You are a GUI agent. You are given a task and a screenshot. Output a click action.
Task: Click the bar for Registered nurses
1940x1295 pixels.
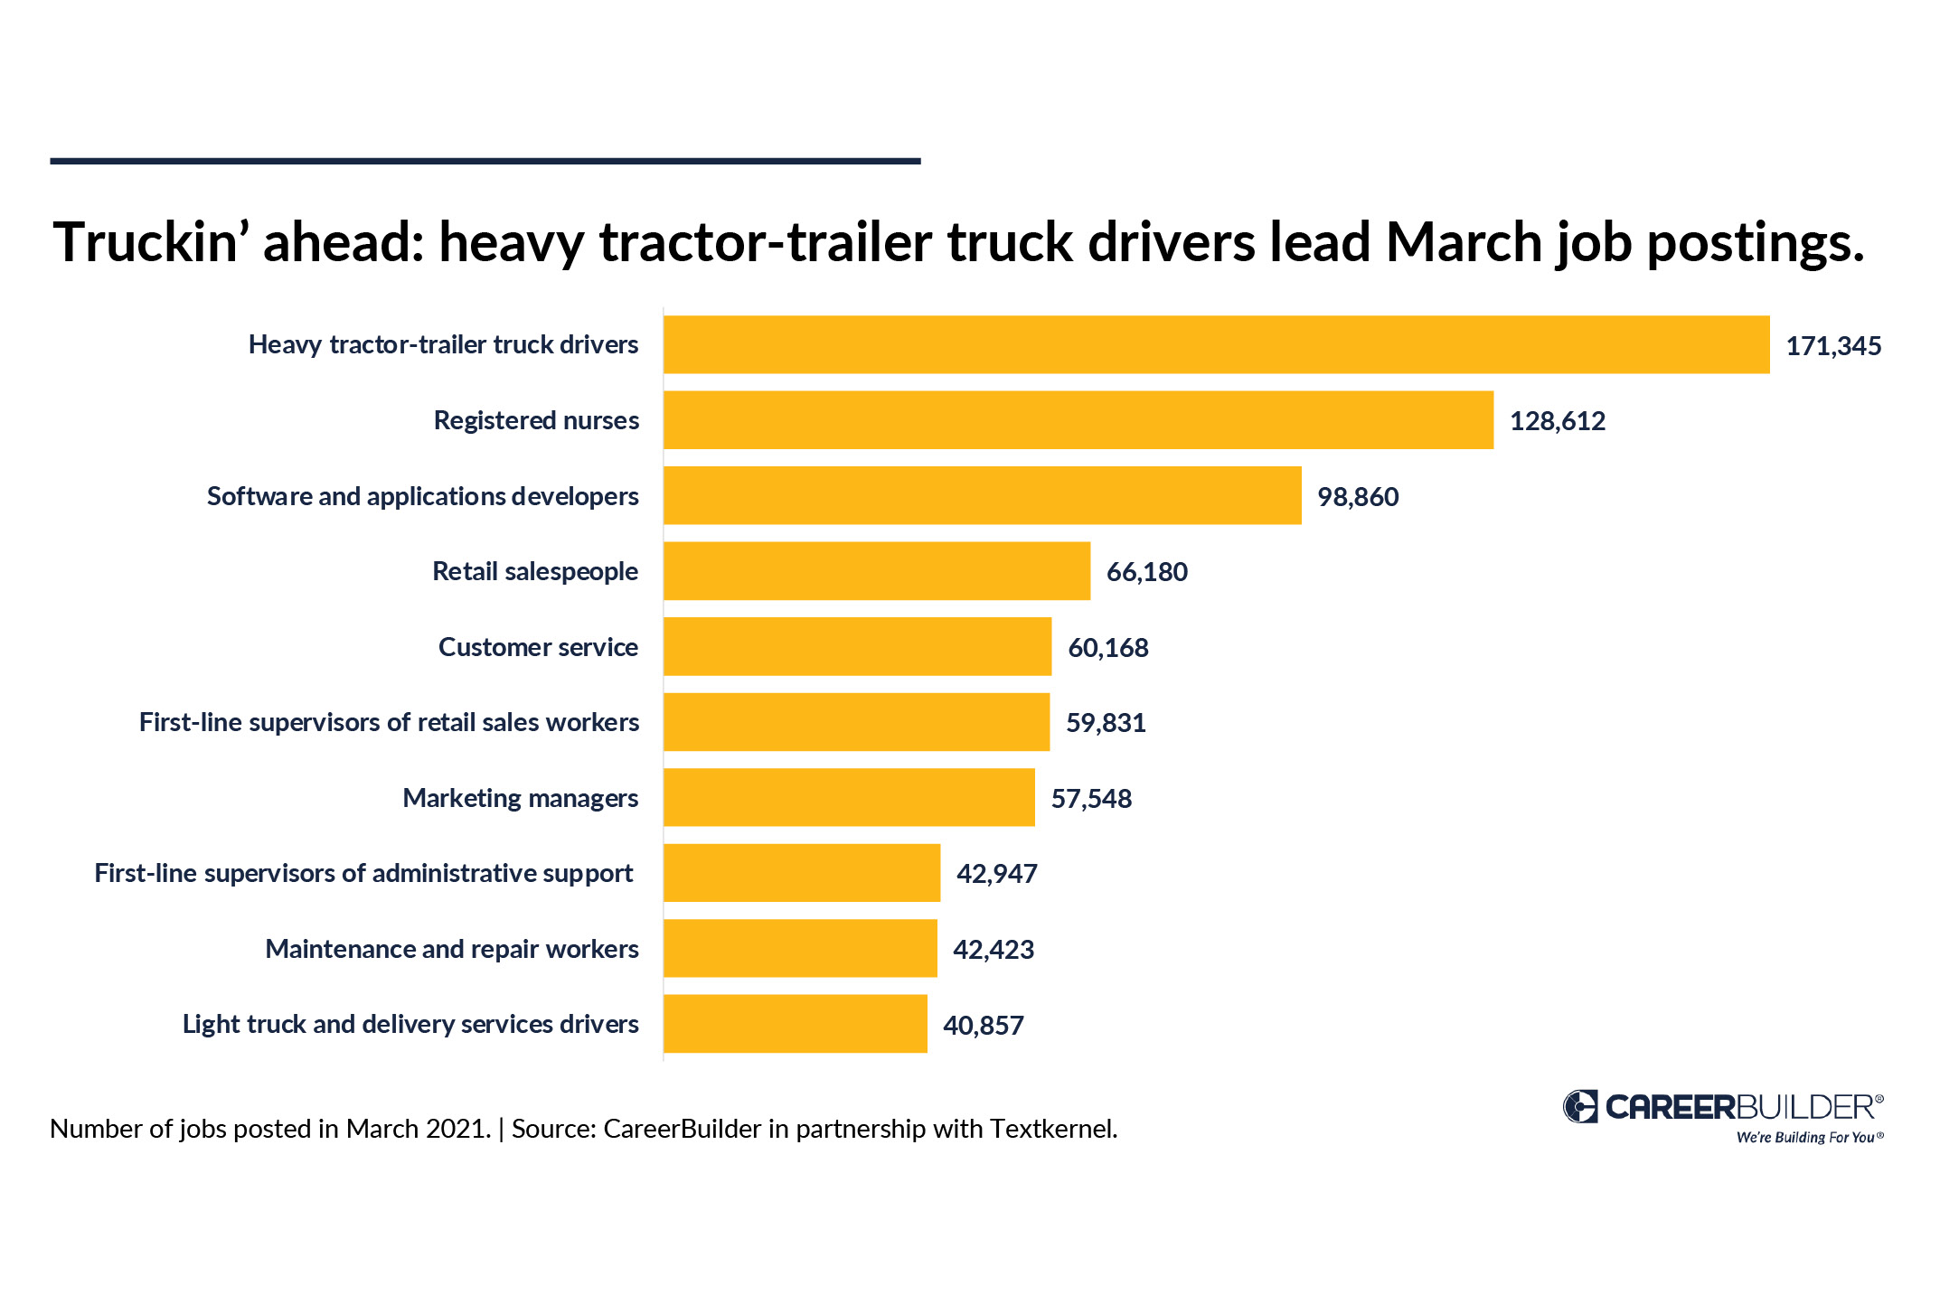pos(1078,420)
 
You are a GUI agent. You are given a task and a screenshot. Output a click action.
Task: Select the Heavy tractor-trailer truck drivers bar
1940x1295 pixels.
pos(1216,344)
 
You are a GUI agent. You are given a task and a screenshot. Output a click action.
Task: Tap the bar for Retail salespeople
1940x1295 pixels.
pos(876,571)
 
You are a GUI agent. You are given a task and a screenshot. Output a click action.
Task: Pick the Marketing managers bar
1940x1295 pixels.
pos(848,797)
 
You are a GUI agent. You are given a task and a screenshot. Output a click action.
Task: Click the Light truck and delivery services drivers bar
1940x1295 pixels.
pos(795,1024)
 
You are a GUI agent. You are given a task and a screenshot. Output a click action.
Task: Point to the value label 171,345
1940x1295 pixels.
pos(1832,346)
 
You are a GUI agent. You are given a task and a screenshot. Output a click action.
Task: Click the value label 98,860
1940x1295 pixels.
pos(1357,497)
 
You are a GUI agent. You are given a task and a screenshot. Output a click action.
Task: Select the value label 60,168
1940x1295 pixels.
pos(1107,648)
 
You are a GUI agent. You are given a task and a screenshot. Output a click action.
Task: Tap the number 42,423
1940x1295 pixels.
pos(993,950)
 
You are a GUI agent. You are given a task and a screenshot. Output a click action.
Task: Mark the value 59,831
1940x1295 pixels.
pos(1105,723)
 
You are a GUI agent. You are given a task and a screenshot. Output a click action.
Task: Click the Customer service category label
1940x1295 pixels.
pos(538,647)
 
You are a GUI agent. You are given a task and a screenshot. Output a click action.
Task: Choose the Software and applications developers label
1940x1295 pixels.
pos(422,496)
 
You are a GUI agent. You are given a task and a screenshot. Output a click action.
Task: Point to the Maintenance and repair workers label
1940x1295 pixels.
pos(451,949)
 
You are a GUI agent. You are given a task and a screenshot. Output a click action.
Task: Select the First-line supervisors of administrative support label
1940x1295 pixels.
pos(363,873)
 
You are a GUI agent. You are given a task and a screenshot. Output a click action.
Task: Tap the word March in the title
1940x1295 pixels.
pos(1464,242)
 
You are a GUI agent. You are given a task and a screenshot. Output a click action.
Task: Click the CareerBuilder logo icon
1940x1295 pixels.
pos(1580,1106)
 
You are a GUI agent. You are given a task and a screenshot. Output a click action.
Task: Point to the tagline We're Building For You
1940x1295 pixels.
pos(1807,1137)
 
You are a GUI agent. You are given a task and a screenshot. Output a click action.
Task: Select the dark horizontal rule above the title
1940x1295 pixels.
pos(485,161)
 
